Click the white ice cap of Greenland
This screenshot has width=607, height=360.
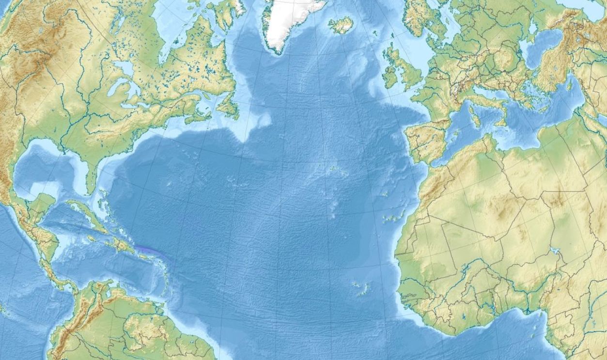click(x=291, y=19)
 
